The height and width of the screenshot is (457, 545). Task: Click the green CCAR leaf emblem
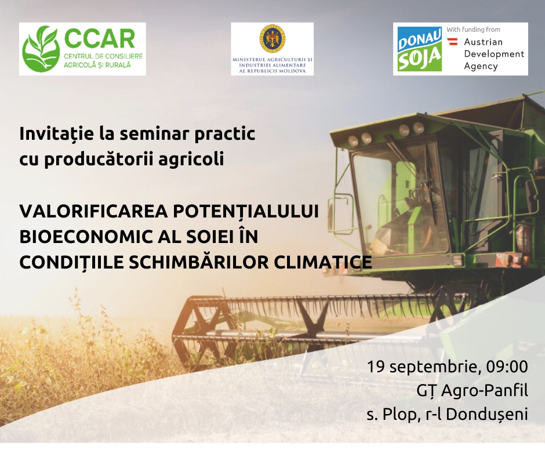[x=41, y=49]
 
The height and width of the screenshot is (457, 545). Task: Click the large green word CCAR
[x=100, y=39]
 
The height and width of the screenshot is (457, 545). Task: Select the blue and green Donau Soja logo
[x=420, y=49]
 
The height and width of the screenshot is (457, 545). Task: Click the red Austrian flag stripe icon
[x=452, y=42]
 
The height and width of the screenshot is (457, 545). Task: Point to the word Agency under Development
[x=481, y=66]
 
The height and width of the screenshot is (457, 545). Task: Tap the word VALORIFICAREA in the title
[x=93, y=212]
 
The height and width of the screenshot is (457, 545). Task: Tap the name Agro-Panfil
[x=485, y=390]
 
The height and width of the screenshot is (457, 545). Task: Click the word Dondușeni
[x=487, y=414]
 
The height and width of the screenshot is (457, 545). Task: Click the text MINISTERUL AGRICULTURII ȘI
[x=272, y=60]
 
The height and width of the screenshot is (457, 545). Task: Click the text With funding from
[x=473, y=30]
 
